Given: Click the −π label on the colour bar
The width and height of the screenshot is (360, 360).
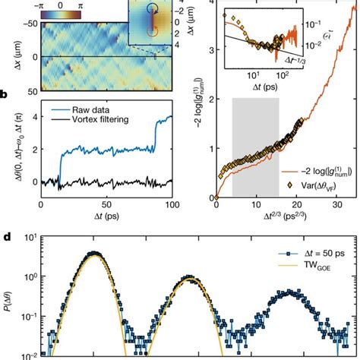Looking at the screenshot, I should click(x=40, y=5).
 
